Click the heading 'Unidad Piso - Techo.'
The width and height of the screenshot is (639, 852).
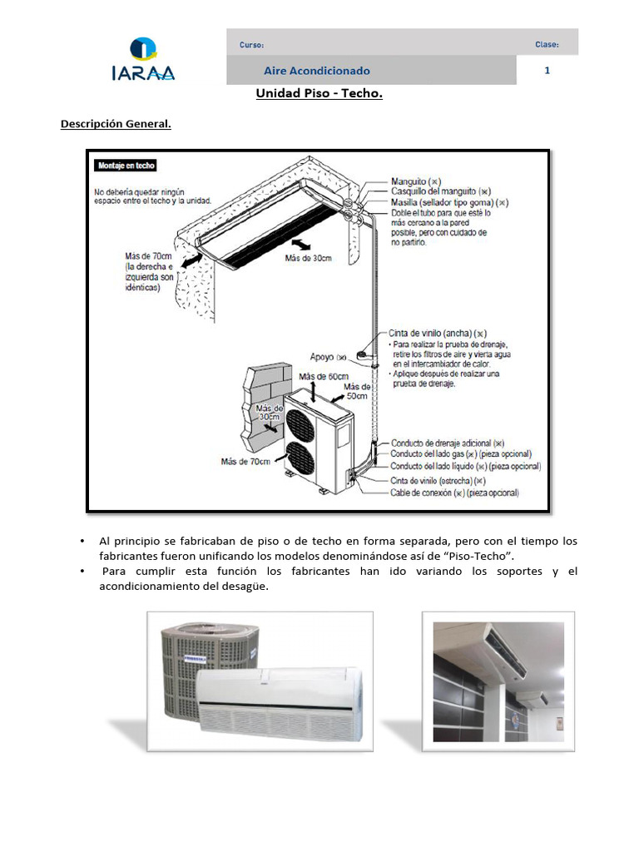319,94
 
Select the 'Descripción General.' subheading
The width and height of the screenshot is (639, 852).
116,125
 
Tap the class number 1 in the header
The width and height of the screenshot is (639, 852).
547,71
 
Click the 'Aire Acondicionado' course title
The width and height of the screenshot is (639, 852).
317,72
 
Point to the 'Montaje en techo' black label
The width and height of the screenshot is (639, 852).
126,166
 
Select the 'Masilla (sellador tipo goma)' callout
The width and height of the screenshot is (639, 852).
449,202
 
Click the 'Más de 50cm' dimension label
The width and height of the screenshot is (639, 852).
357,392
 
